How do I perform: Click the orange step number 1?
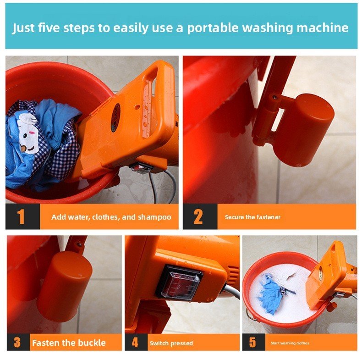point(22,217)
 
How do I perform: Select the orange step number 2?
point(198,217)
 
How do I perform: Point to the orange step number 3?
point(17,343)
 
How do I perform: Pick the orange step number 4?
point(135,343)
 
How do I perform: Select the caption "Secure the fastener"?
point(252,217)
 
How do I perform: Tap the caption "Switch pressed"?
point(171,343)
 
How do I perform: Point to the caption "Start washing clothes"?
point(290,343)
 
